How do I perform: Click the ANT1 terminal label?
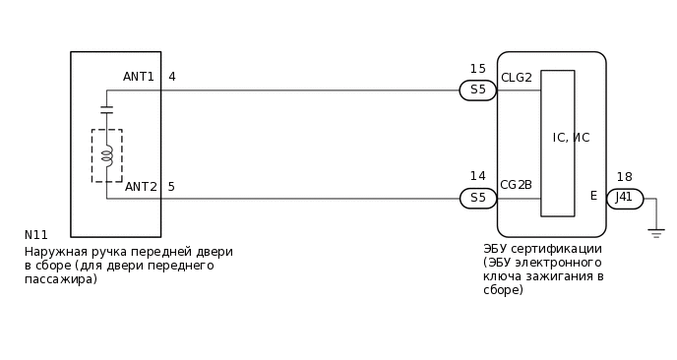pyautogui.click(x=139, y=77)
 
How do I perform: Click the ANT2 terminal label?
pyautogui.click(x=141, y=187)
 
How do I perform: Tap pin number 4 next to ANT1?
pyautogui.click(x=172, y=77)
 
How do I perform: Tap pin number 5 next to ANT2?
pyautogui.click(x=172, y=187)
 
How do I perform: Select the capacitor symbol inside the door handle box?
pyautogui.click(x=106, y=108)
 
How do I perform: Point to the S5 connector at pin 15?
pyautogui.click(x=478, y=90)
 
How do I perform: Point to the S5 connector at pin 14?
pyautogui.click(x=478, y=198)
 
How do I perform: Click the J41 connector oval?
pyautogui.click(x=624, y=198)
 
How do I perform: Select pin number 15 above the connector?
pyautogui.click(x=477, y=69)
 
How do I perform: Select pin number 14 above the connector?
pyautogui.click(x=477, y=176)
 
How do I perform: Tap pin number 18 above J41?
pyautogui.click(x=624, y=177)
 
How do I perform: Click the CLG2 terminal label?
pyautogui.click(x=517, y=78)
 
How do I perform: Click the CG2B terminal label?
pyautogui.click(x=517, y=185)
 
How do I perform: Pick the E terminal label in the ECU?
pyautogui.click(x=593, y=196)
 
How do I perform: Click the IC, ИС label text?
pyautogui.click(x=571, y=138)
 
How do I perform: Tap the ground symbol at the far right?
pyautogui.click(x=656, y=233)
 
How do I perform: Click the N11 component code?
pyautogui.click(x=36, y=235)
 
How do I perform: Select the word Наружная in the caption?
pyautogui.click(x=54, y=252)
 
